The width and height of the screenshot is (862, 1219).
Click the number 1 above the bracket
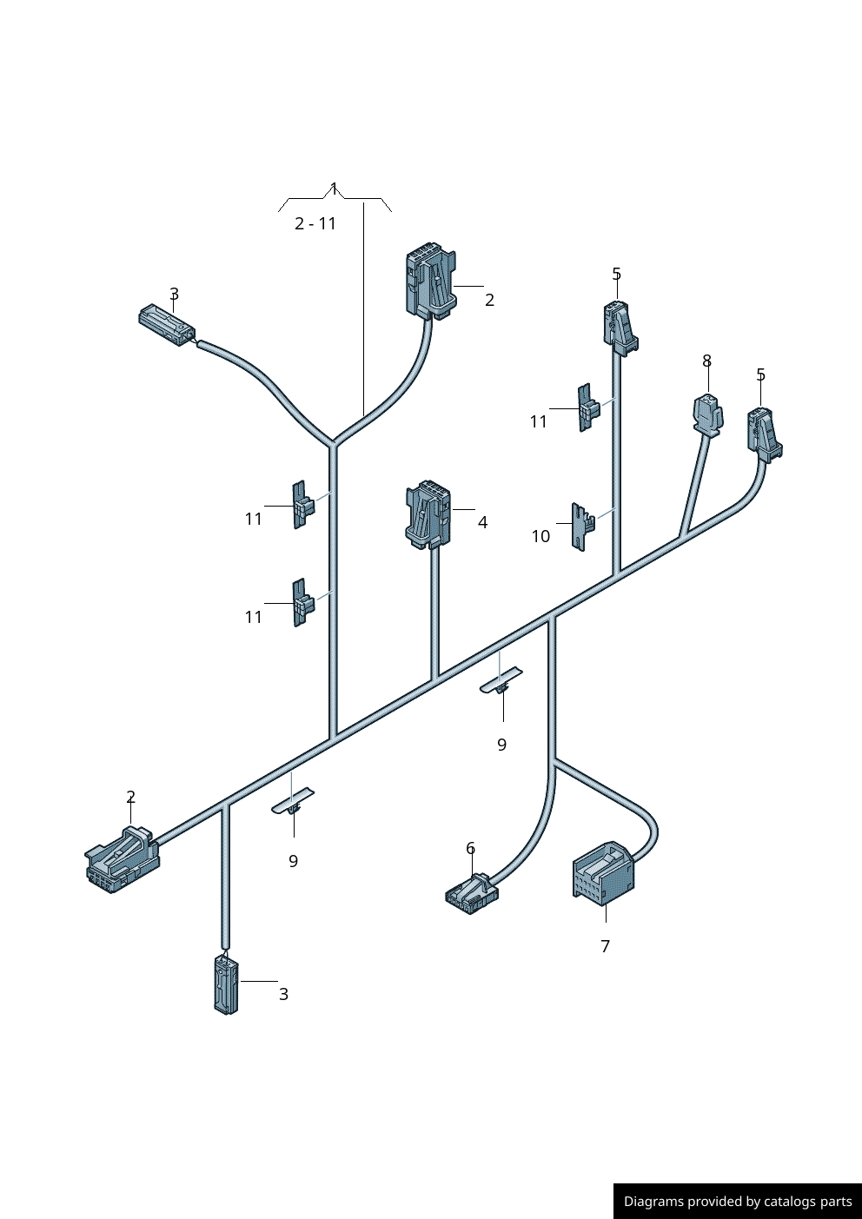pyautogui.click(x=334, y=188)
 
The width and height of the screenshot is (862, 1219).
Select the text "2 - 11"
pyautogui.click(x=315, y=223)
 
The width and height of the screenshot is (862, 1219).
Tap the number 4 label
pyautogui.click(x=482, y=522)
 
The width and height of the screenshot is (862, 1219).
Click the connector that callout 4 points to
pyautogui.click(x=428, y=513)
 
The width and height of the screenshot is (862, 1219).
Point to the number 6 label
pyautogui.click(x=470, y=848)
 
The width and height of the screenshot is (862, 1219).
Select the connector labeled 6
pyautogui.click(x=472, y=891)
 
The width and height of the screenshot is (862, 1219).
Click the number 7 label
pyautogui.click(x=606, y=946)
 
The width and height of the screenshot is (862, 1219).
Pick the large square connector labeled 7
pyautogui.click(x=602, y=871)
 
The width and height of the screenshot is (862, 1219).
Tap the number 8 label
pyautogui.click(x=706, y=361)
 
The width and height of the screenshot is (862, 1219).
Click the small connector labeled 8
pyautogui.click(x=707, y=414)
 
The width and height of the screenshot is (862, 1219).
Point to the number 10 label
pyautogui.click(x=540, y=536)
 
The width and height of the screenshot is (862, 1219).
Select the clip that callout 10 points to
pyautogui.click(x=581, y=526)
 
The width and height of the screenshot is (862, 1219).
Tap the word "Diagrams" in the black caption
pyautogui.click(x=653, y=1202)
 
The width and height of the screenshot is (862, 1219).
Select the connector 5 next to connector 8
pyautogui.click(x=763, y=433)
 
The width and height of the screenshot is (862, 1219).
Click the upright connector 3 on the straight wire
pyautogui.click(x=226, y=984)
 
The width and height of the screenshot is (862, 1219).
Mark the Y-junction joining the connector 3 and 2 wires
pyautogui.click(x=333, y=443)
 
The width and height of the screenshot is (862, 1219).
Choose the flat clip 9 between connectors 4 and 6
pyautogui.click(x=501, y=680)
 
